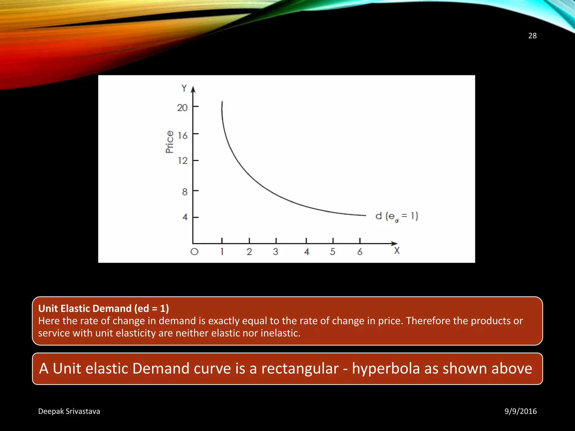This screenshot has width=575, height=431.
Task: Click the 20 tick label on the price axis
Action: pyautogui.click(x=182, y=108)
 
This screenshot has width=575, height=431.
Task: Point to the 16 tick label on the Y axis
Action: pyautogui.click(x=182, y=136)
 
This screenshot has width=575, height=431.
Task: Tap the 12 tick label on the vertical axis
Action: pyautogui.click(x=182, y=161)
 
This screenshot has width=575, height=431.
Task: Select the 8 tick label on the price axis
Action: pyautogui.click(x=184, y=192)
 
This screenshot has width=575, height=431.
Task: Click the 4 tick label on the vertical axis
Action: pyautogui.click(x=185, y=217)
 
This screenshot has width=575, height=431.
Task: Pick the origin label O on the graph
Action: pyautogui.click(x=194, y=252)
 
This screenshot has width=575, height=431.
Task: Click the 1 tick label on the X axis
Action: pyautogui.click(x=222, y=252)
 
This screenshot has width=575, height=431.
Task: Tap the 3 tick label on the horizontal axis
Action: pyautogui.click(x=275, y=252)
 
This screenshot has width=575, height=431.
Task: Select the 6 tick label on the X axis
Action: pyautogui.click(x=360, y=252)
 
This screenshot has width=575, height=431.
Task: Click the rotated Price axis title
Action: pyautogui.click(x=170, y=142)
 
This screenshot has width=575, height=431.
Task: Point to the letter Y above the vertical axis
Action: pyautogui.click(x=184, y=88)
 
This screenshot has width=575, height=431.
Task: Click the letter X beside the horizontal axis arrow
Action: pyautogui.click(x=397, y=251)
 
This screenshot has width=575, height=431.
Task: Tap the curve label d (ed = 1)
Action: pyautogui.click(x=397, y=216)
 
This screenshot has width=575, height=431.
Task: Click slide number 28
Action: pyautogui.click(x=532, y=36)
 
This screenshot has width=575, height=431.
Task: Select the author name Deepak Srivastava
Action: pyautogui.click(x=69, y=411)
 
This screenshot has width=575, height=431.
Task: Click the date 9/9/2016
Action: pyautogui.click(x=521, y=411)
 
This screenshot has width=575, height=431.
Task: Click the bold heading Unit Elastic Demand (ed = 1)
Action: pyautogui.click(x=104, y=308)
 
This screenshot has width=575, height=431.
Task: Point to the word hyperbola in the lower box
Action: pyautogui.click(x=386, y=368)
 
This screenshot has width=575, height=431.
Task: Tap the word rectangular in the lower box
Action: pyautogui.click(x=300, y=368)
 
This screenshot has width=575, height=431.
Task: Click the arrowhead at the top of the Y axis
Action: pyautogui.click(x=193, y=90)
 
